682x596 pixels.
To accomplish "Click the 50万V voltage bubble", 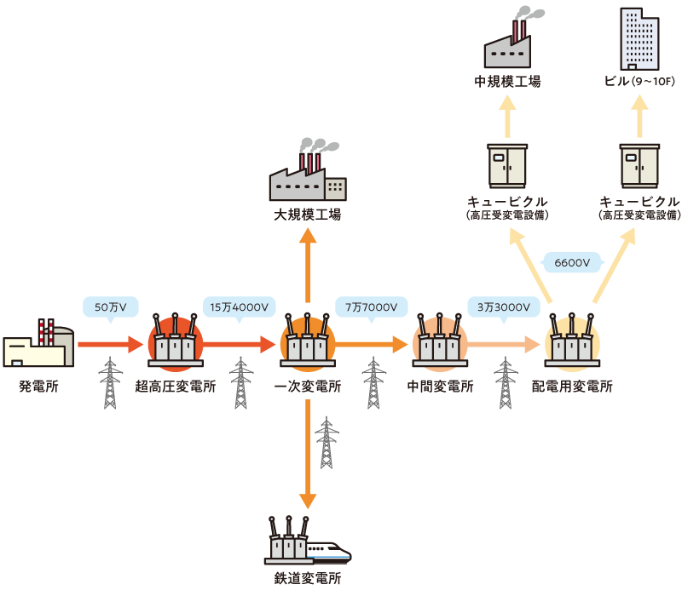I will point(110,306).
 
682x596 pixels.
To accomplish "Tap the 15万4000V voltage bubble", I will point(239,306).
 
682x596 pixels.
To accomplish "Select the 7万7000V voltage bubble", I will point(371,306).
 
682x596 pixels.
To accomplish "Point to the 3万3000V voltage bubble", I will point(503,306).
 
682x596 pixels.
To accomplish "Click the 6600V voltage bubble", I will point(572,262).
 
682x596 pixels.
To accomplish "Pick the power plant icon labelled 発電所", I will point(38,344).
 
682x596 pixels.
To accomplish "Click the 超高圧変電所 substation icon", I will point(175,343).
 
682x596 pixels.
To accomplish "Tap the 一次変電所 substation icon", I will point(307,343).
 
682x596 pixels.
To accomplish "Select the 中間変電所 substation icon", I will point(439,343).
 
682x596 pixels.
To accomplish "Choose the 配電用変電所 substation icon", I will point(572,343).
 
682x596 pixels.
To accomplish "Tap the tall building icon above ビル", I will point(640,38).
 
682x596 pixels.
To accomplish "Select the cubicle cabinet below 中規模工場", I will point(507,166).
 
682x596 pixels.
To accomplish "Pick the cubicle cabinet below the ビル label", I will point(639,166).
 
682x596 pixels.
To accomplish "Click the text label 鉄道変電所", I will point(307,578).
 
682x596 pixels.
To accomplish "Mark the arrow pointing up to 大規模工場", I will point(307,260).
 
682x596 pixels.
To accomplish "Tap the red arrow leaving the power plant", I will point(109,344).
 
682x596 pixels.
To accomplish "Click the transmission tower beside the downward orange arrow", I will point(327,443).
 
